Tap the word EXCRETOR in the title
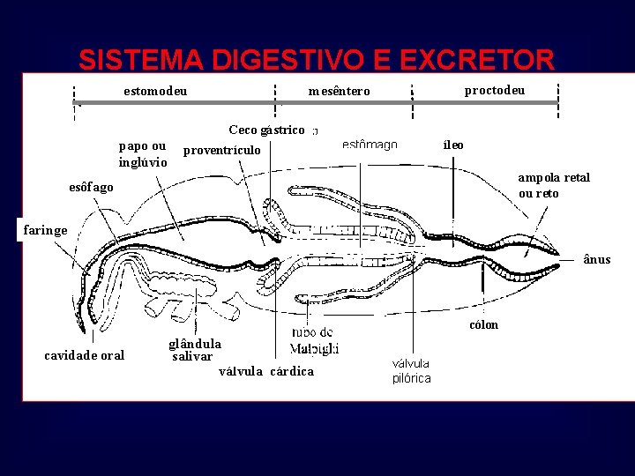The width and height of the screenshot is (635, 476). coord(477,60)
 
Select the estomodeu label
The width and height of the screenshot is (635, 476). coord(155,91)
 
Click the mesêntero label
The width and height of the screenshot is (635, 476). coord(340,92)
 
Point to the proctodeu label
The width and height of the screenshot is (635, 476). coord(495,90)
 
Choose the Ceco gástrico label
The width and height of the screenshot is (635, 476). coord(266,130)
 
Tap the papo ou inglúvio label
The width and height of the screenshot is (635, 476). coord(143,154)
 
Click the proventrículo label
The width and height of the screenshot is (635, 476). coord(222,150)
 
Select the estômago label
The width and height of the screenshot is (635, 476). coord(370,145)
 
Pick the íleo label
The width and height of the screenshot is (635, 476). coord(453,145)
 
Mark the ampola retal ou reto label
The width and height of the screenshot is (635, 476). coord(554,185)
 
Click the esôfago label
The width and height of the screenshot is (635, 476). coord(91,187)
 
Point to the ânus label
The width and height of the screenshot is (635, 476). coord(596,259)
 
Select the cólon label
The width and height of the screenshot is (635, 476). coord(483,324)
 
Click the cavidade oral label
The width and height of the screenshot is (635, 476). coord(85,355)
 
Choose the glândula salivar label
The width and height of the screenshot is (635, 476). coord(194,350)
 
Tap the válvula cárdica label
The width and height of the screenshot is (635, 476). coord(266,371)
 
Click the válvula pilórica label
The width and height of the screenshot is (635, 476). coord(411,370)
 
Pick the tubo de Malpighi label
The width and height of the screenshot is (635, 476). coord(314,341)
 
